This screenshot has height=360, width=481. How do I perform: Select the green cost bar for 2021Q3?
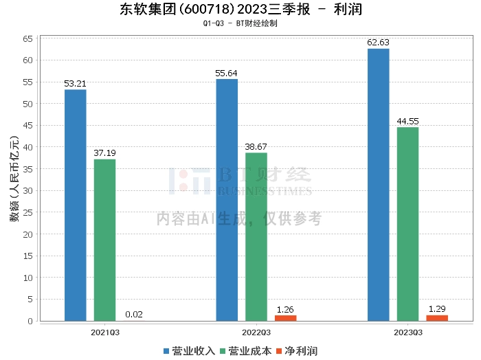[104, 240]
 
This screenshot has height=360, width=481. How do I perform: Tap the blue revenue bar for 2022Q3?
[227, 199]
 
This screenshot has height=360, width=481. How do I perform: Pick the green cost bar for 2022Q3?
[256, 236]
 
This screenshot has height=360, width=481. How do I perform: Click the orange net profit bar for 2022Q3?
[285, 317]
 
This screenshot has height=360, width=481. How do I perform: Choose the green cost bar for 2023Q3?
[407, 224]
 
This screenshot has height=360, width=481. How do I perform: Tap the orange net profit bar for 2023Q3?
[437, 317]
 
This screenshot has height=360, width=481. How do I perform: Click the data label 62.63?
[378, 43]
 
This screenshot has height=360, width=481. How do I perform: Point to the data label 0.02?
[134, 315]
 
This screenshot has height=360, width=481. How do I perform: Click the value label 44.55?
[407, 122]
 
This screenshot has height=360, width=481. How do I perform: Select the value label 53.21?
[76, 84]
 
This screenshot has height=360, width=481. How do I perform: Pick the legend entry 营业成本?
[246, 350]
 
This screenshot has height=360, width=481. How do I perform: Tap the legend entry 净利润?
[296, 350]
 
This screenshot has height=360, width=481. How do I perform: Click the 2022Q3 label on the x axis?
[256, 332]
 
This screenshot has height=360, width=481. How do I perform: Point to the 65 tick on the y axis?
[28, 38]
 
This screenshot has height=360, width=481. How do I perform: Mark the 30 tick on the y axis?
[28, 190]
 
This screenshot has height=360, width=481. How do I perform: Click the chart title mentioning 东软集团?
[240, 10]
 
